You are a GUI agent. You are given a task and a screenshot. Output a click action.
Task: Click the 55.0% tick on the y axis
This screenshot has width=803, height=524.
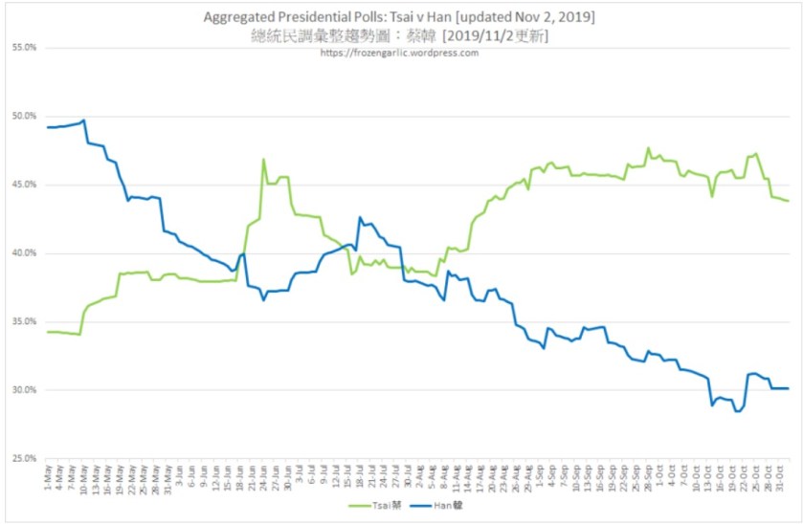point(24,47)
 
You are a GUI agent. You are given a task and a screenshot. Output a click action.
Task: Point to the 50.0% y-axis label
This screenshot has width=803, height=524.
point(24,116)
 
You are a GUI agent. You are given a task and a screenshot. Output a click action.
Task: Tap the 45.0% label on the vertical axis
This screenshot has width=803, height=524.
point(24,185)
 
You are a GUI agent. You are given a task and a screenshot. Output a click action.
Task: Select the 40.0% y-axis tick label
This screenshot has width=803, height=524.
point(24,253)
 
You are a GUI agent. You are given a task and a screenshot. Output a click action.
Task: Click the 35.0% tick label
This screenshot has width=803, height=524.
point(24,321)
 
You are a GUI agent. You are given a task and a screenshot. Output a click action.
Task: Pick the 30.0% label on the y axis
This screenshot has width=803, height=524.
point(24,390)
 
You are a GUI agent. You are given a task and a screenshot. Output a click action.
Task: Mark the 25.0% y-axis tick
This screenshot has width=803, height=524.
point(24,459)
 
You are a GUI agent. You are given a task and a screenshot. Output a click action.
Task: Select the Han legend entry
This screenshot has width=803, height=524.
point(438,505)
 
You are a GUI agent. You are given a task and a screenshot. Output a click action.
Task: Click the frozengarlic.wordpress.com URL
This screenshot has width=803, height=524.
point(400,53)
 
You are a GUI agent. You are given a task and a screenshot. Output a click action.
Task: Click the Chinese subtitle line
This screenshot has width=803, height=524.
point(401,35)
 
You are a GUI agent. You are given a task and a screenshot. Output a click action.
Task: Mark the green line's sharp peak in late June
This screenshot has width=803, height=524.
point(263,160)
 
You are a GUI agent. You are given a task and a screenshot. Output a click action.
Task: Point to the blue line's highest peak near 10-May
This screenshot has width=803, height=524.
point(84,120)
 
